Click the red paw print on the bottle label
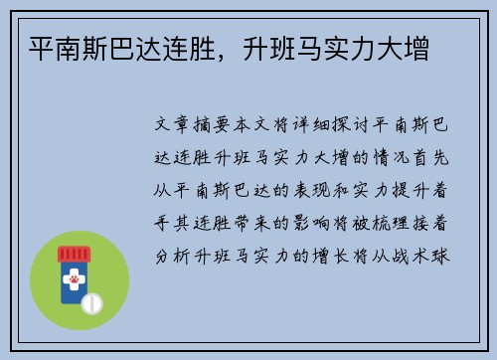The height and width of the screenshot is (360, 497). click(x=73, y=280)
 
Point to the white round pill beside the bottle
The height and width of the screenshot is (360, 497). click(x=92, y=302)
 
